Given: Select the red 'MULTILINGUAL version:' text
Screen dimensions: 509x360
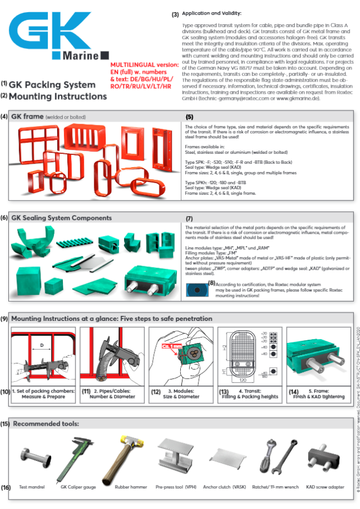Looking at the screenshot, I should [145, 65].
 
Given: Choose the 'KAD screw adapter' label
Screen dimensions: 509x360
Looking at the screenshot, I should [326, 487].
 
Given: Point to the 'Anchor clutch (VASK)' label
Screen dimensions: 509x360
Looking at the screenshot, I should [225, 487].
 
